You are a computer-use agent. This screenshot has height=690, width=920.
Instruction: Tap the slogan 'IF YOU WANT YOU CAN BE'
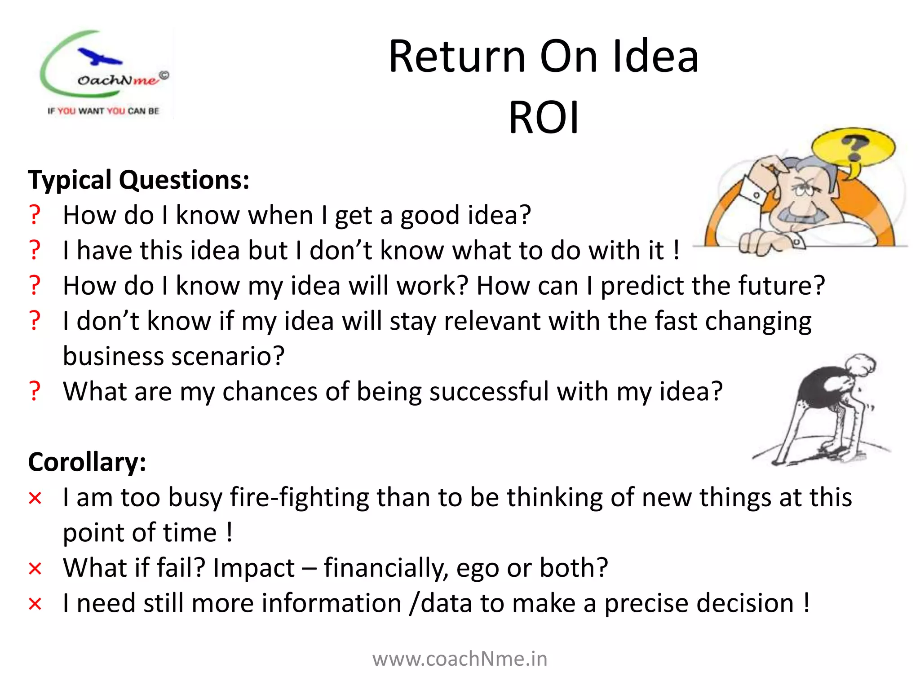click(103, 111)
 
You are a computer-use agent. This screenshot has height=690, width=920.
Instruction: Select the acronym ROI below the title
click(544, 118)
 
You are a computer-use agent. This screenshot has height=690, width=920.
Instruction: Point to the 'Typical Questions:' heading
click(138, 180)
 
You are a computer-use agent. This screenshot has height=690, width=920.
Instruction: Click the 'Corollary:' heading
click(87, 462)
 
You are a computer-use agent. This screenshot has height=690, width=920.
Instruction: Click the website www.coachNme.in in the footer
click(460, 659)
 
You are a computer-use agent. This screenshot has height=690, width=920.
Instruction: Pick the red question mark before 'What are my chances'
click(35, 391)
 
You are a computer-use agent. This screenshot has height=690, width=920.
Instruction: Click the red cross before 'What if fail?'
click(35, 569)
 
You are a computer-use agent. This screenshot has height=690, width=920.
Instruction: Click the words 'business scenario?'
click(173, 357)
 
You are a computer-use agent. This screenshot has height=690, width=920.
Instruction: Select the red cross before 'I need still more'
click(35, 604)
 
